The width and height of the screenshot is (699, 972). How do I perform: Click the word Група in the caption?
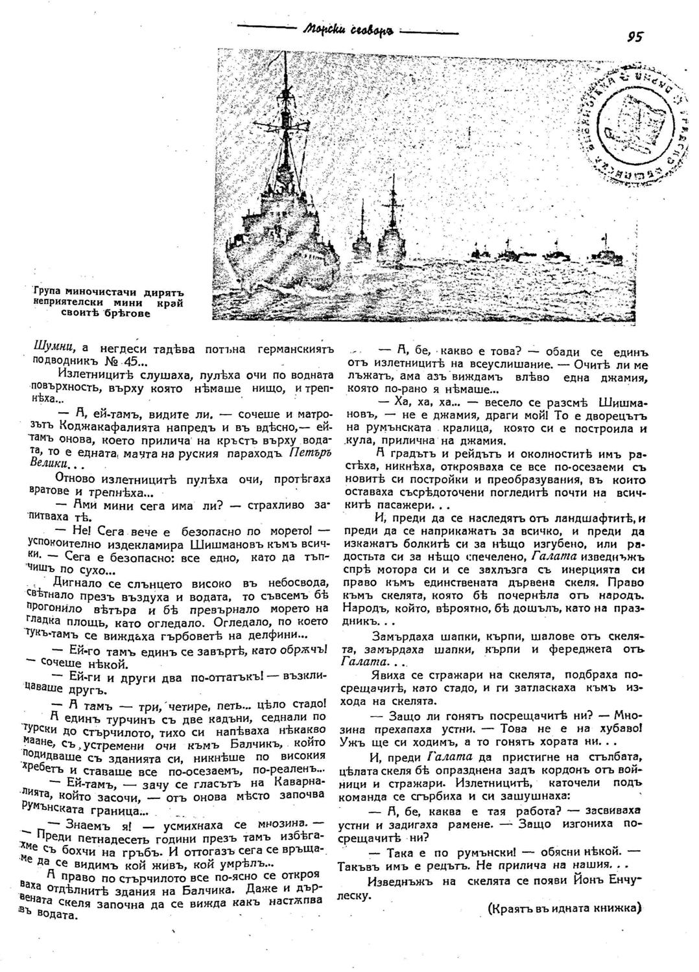tap(50, 291)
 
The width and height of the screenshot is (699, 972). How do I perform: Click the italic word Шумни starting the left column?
tap(47, 349)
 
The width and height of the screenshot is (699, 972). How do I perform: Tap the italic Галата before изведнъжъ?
tap(552, 555)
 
